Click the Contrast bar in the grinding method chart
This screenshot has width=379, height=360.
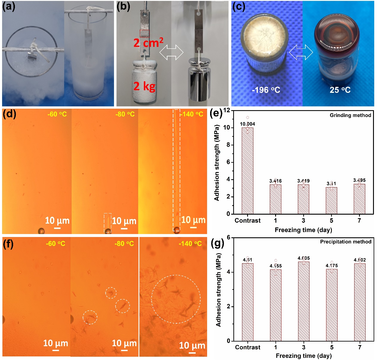tap(247, 170)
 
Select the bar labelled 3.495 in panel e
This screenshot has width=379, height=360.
tap(359, 199)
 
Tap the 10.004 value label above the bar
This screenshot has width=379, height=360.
tap(247, 124)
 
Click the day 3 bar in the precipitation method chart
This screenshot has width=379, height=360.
tap(303, 301)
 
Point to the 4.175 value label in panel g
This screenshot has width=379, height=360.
tap(332, 266)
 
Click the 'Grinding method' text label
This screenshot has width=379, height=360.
tap(350, 115)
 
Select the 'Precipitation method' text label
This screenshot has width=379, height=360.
tap(346, 242)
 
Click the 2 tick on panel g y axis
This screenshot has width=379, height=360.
tap(228, 307)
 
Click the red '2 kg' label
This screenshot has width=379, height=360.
tap(144, 86)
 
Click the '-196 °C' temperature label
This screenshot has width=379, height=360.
tap(266, 90)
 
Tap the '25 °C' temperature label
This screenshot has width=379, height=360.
tap(340, 90)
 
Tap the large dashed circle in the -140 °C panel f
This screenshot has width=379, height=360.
tap(176, 299)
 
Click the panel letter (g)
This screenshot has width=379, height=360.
tap(217, 243)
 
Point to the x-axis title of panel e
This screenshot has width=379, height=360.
tap(303, 230)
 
